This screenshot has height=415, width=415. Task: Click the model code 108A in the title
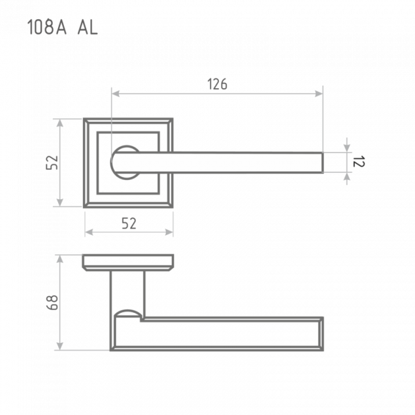click(x=47, y=27)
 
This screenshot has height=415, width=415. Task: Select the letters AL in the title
click(x=87, y=27)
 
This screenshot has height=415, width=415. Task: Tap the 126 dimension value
click(x=217, y=84)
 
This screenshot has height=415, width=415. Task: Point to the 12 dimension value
click(x=359, y=162)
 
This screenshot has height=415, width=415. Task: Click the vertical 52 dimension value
click(x=52, y=163)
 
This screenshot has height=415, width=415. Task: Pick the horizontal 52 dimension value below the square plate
click(x=129, y=223)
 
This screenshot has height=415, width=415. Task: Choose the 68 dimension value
click(x=52, y=303)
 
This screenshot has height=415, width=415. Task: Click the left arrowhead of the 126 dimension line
click(x=116, y=93)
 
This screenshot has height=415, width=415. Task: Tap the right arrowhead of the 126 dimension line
click(x=319, y=93)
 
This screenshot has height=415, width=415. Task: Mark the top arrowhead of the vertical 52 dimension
click(x=60, y=123)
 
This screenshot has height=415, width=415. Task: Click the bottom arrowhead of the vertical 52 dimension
click(x=60, y=202)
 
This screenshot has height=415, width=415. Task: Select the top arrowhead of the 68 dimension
click(x=60, y=259)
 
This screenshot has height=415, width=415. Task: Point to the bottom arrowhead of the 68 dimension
click(x=60, y=346)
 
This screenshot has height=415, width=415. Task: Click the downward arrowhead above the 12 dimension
click(x=347, y=148)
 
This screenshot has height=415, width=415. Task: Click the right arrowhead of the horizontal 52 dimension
click(x=169, y=232)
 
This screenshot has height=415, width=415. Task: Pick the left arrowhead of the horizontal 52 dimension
click(x=89, y=232)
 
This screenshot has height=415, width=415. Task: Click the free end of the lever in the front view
click(x=322, y=162)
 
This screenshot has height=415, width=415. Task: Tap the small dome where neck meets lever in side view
click(x=128, y=313)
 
